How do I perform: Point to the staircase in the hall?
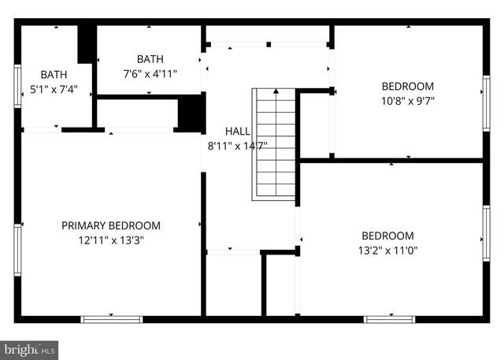[x=275, y=144]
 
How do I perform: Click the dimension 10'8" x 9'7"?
[x=408, y=101]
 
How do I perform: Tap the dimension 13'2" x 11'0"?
[x=388, y=251]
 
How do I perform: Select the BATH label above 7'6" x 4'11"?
[x=150, y=59]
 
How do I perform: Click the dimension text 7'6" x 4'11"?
[x=150, y=74]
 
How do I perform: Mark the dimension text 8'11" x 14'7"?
[x=237, y=145]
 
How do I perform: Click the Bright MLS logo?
[x=29, y=348]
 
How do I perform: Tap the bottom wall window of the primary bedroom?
[x=112, y=319]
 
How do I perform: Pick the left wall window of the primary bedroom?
[x=17, y=251]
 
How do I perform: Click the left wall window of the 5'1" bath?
[x=17, y=86]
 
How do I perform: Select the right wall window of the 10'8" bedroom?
[x=486, y=93]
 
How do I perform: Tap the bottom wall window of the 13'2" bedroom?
[x=389, y=319]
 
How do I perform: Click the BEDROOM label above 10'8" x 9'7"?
[x=408, y=86]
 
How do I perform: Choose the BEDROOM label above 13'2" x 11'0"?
[x=388, y=236]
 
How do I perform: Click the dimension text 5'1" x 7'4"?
[x=54, y=89]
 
